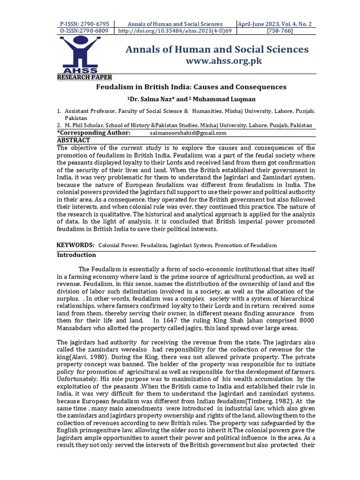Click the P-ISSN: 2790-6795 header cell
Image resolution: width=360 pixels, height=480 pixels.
pyautogui.click(x=85, y=23)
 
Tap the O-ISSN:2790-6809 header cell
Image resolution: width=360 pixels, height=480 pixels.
pyautogui.click(x=85, y=31)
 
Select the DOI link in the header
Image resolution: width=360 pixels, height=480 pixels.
pyautogui.click(x=175, y=31)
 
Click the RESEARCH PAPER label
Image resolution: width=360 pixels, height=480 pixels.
pyautogui.click(x=84, y=77)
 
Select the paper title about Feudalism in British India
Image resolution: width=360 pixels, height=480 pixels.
pyautogui.click(x=191, y=87)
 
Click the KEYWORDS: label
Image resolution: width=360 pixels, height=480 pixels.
pyautogui.click(x=75, y=245)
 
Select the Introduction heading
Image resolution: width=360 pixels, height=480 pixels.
pyautogui.click(x=76, y=255)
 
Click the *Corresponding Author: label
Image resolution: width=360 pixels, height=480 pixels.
pyautogui.click(x=94, y=133)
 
